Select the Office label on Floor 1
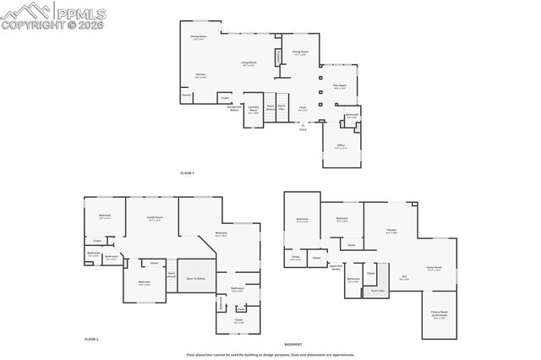[x=341, y=145]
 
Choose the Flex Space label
[x=340, y=85]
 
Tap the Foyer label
[x=302, y=107]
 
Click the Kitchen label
[x=201, y=75]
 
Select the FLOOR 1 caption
[x=187, y=172]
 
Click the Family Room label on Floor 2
[x=155, y=218]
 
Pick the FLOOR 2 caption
[x=91, y=338]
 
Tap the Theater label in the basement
[x=391, y=231]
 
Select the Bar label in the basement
[x=404, y=277]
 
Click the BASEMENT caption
[x=293, y=345]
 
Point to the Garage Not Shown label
[x=228, y=108]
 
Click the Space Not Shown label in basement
[x=336, y=267]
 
